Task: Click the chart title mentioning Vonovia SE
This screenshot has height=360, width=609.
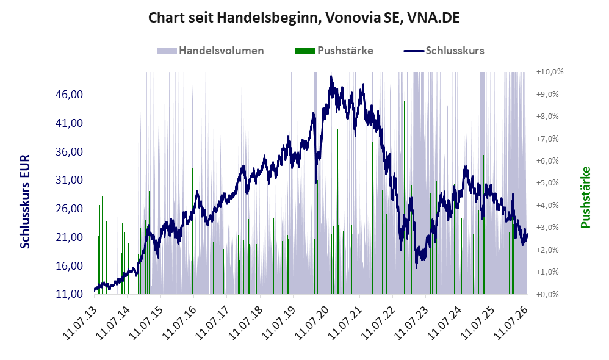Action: pos(304,18)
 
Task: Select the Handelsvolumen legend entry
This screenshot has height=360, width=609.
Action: pos(211,51)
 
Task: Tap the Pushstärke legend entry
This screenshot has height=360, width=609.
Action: pos(334,51)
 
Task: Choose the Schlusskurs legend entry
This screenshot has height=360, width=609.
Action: pos(444,51)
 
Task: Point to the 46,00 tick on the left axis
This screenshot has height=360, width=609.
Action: pos(70,95)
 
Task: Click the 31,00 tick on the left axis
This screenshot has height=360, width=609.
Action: pos(70,180)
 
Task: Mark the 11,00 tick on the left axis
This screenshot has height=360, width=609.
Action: pos(70,294)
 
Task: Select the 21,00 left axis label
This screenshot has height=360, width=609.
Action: pos(70,237)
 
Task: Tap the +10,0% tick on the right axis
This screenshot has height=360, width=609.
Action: pos(550,72)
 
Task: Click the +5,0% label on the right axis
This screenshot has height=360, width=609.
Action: pos(547,183)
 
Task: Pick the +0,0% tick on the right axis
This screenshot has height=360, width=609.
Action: pos(547,294)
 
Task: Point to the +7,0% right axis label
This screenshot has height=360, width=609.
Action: pos(547,139)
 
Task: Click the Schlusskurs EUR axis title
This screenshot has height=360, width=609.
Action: pos(25,201)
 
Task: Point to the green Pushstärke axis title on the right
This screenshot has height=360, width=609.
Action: pos(585,197)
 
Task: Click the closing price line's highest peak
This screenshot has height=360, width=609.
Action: pos(331,76)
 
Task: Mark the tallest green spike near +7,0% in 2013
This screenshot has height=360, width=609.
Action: pos(101,139)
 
